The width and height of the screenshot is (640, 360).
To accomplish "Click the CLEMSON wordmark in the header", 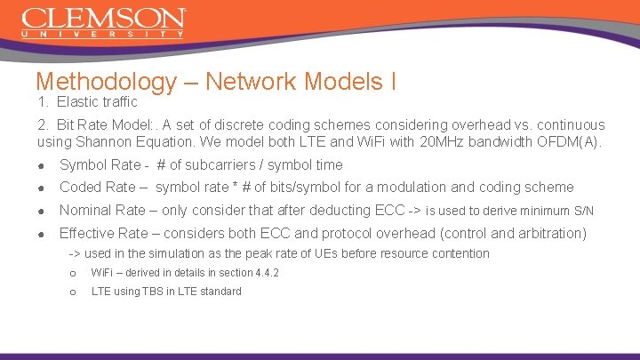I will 103,19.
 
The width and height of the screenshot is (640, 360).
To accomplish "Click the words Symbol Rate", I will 100,165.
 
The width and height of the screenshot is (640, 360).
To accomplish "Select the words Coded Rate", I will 97,188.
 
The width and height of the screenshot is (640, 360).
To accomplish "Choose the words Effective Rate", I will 104,234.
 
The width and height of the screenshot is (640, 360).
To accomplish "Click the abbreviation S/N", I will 583,211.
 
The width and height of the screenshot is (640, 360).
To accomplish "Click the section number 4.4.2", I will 263,273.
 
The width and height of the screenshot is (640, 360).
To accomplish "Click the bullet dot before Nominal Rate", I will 42,211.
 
